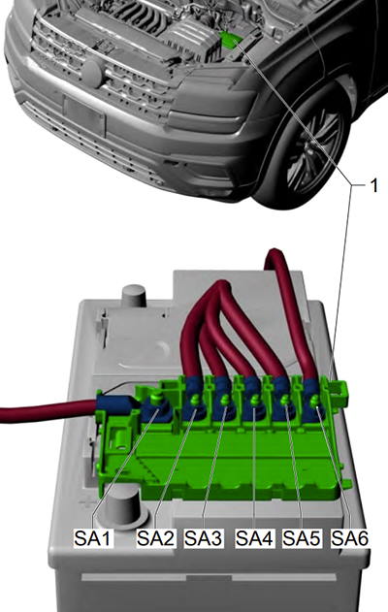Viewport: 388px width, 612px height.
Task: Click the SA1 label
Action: (94, 538)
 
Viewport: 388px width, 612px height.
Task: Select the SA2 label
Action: (155, 538)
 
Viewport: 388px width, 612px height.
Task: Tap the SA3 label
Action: (204, 538)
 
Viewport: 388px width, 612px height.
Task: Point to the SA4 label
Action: (255, 538)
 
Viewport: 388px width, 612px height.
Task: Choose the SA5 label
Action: (302, 538)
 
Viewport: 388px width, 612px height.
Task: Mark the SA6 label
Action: (350, 538)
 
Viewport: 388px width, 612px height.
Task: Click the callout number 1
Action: (373, 186)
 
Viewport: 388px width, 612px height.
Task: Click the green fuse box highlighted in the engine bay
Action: (230, 39)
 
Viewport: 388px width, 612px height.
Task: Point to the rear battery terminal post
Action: (134, 294)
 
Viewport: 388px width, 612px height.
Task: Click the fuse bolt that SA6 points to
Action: (315, 400)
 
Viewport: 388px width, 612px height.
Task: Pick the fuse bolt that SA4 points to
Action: (255, 400)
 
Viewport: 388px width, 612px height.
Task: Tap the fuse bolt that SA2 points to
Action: (194, 399)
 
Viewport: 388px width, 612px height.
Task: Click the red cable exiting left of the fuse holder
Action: (48, 413)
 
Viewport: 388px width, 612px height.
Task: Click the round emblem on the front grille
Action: (92, 73)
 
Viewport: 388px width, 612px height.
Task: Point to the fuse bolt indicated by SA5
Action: (285, 400)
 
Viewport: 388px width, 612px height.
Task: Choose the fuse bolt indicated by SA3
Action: (224, 400)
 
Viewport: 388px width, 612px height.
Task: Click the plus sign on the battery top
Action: (85, 502)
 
